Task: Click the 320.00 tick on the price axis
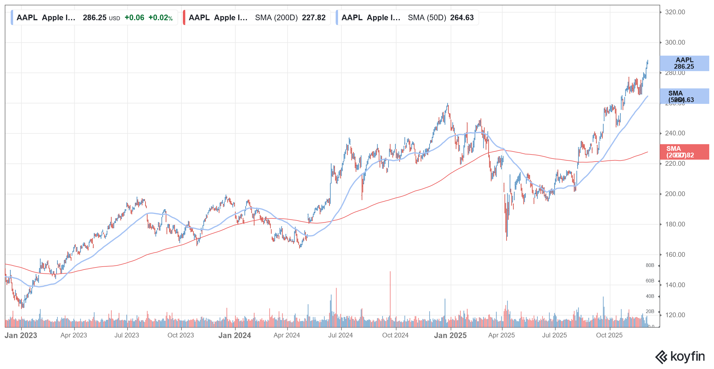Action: coord(675,12)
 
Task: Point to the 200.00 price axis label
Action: coord(675,194)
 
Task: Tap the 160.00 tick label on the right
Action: coord(675,255)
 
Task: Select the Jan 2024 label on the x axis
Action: coord(234,335)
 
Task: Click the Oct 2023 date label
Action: coord(181,335)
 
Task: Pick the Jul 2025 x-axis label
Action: coord(554,335)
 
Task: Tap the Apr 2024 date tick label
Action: coord(286,335)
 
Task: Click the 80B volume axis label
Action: coord(650,265)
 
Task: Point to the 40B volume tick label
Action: coord(650,296)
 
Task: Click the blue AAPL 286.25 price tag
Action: coord(684,63)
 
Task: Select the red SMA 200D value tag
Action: coord(684,152)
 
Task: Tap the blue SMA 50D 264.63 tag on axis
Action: coord(684,96)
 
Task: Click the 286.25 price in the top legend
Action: coord(95,18)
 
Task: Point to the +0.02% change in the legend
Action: coord(160,18)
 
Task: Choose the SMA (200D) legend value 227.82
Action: coord(314,18)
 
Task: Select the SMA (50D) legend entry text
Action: coord(427,18)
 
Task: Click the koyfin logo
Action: coord(680,357)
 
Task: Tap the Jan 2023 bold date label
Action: coord(21,335)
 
